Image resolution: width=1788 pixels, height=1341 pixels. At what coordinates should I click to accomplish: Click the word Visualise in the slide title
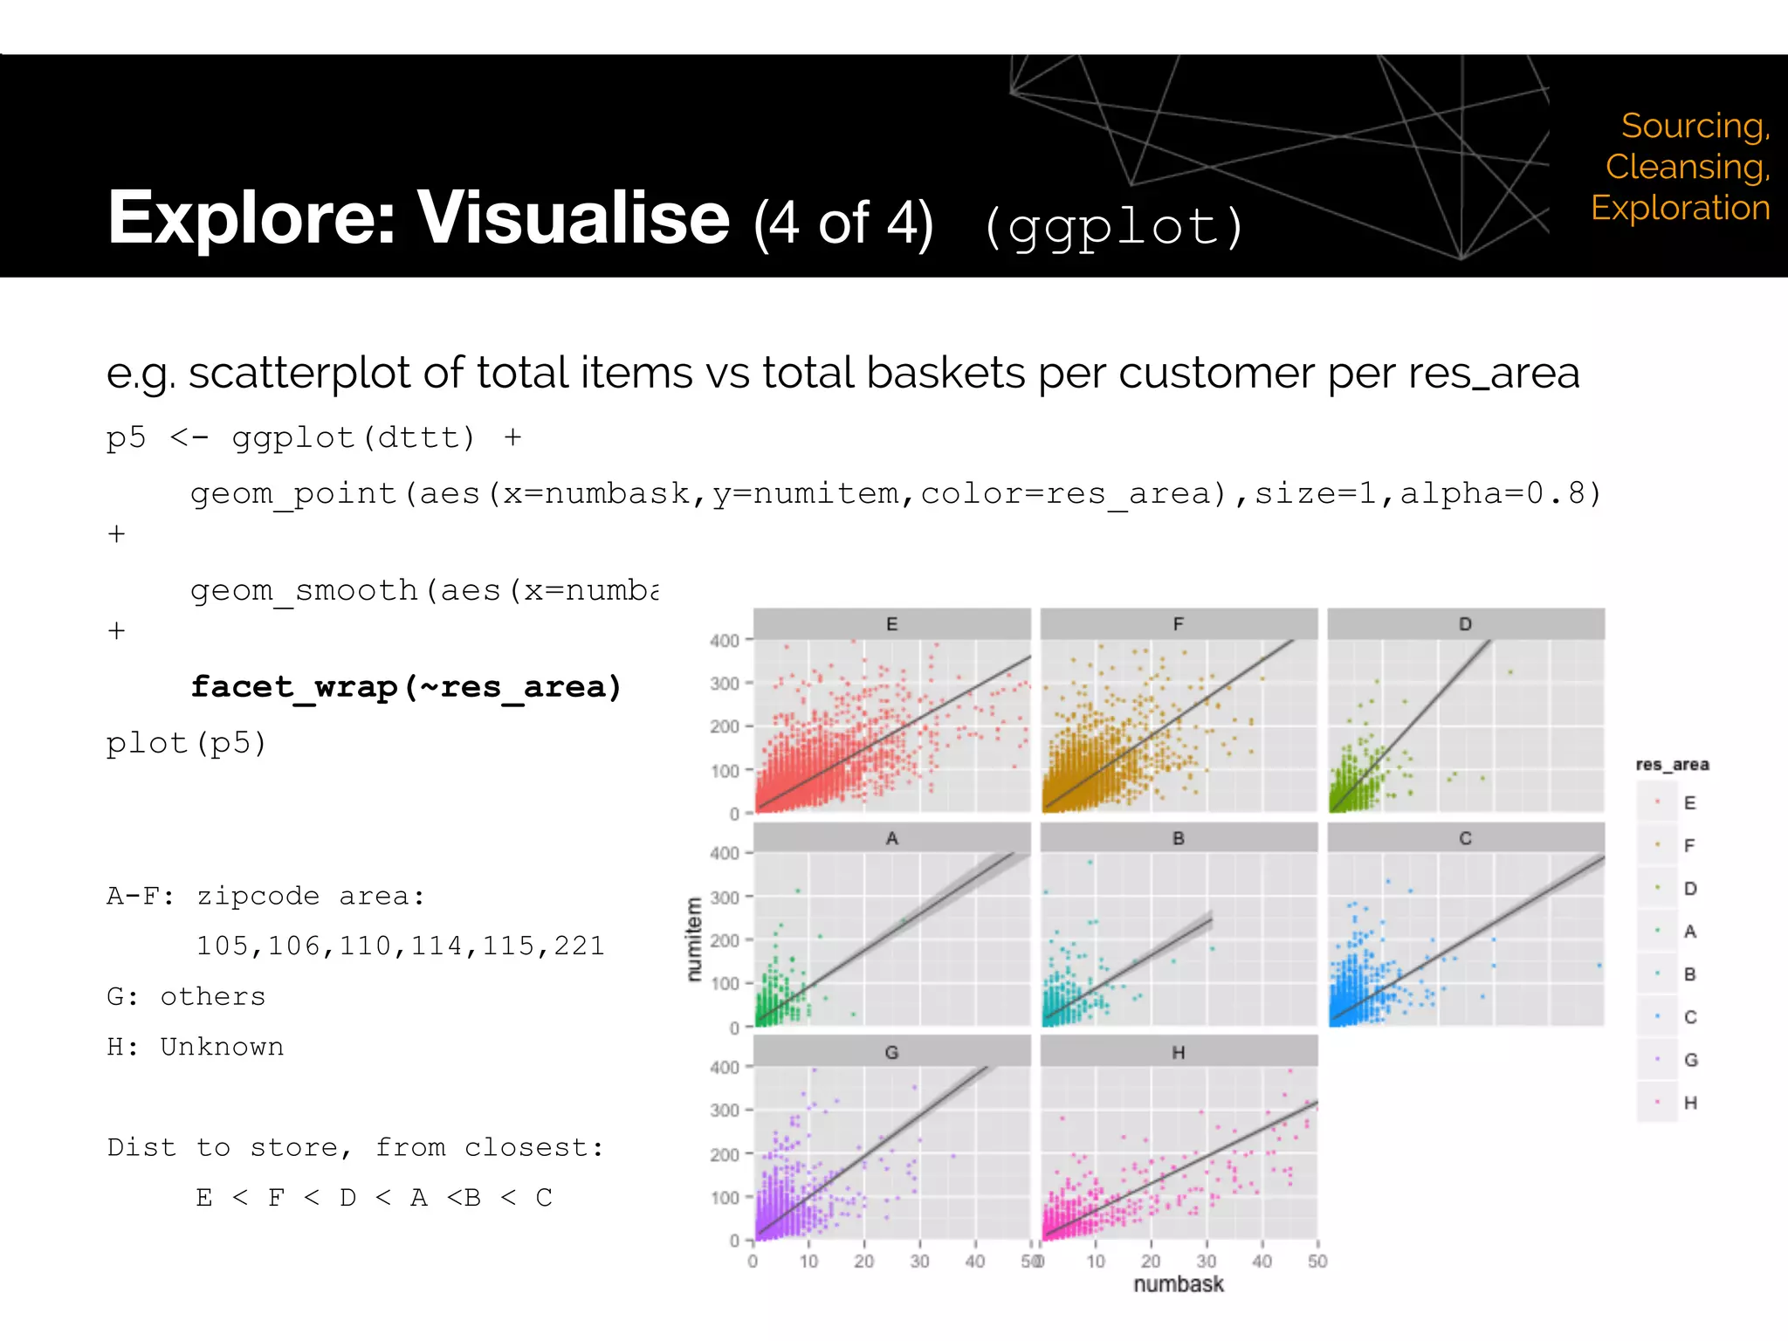click(573, 218)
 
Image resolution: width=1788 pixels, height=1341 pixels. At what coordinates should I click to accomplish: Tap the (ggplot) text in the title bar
click(1113, 227)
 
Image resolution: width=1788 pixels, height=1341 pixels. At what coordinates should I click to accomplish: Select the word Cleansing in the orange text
click(1687, 167)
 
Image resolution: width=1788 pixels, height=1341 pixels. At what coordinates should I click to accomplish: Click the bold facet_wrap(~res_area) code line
click(406, 687)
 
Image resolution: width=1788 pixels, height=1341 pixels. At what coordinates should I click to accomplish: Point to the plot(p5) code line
click(186, 743)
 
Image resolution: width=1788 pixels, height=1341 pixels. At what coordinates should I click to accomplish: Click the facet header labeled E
click(891, 624)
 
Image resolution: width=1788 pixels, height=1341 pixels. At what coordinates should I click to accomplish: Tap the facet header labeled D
click(1465, 624)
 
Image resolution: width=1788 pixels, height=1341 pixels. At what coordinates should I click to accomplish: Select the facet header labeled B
click(1178, 838)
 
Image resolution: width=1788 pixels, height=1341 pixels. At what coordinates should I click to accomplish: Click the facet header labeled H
click(1178, 1053)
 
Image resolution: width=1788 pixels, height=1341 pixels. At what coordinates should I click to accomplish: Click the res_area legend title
click(1672, 765)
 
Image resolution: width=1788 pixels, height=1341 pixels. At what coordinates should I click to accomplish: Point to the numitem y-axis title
click(694, 939)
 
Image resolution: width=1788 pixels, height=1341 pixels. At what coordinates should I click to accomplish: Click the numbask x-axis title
click(1178, 1284)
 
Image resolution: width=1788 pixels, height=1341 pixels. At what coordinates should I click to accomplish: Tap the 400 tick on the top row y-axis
click(725, 641)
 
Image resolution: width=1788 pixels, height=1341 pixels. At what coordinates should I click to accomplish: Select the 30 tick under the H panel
click(1207, 1262)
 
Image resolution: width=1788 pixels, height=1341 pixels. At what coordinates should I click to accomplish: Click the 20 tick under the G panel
click(864, 1262)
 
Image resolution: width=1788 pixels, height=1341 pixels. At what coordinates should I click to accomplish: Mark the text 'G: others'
click(186, 997)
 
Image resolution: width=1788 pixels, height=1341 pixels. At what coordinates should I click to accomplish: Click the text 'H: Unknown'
click(196, 1047)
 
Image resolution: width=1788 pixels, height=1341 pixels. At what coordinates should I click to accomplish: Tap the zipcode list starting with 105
click(400, 946)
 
